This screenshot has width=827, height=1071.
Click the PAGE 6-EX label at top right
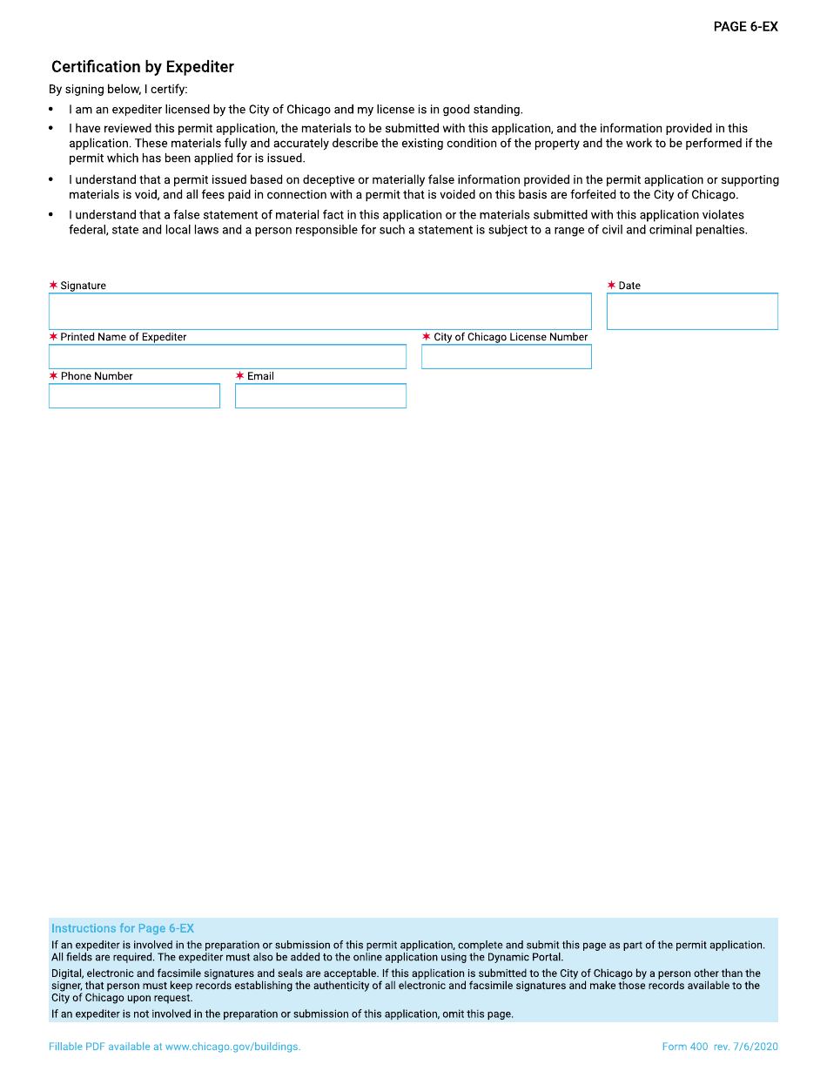pos(745,27)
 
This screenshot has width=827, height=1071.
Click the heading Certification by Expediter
pos(143,67)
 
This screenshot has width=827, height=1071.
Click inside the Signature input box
pos(319,312)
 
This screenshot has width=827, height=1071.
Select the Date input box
pos(692,312)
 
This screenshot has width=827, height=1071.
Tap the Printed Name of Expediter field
pos(227,357)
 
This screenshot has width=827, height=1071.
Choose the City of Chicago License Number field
pos(506,357)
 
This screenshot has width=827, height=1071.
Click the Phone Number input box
pos(134,396)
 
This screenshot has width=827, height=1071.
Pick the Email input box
pos(320,396)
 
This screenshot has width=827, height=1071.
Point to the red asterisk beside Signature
pos(53,286)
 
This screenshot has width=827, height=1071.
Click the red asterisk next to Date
pos(611,286)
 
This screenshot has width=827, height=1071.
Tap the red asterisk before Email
pos(239,376)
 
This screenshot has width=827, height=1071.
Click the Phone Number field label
pos(97,376)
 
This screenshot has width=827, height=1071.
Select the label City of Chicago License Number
pos(511,337)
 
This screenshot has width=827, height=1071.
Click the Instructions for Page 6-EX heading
pos(123,928)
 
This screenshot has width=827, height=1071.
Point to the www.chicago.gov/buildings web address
pos(232,1047)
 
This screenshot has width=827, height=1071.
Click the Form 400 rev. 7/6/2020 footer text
pos(720,1047)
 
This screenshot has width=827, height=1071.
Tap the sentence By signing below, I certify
pos(118,90)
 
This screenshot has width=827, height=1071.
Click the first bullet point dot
pos(51,110)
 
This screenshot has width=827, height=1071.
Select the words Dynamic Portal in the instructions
pos(525,957)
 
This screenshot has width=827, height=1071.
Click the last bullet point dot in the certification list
pos(51,215)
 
